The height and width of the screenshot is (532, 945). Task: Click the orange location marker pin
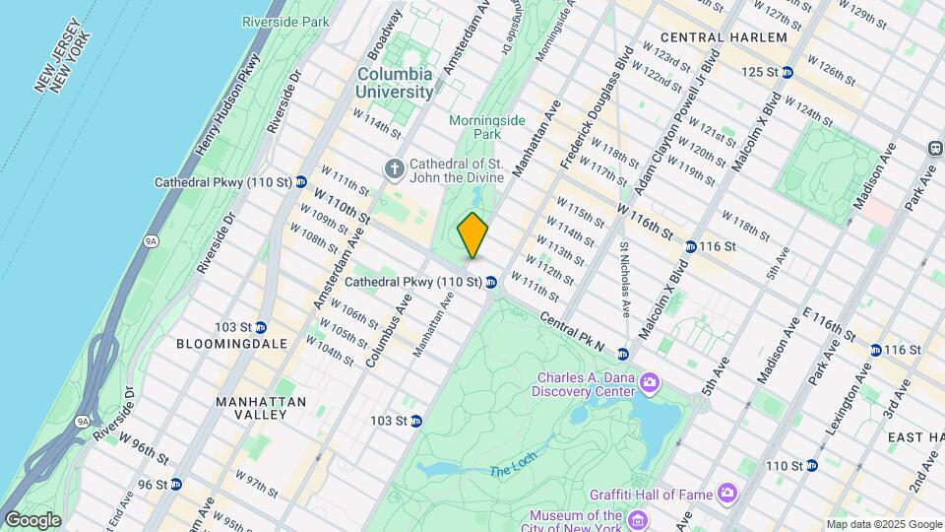[472, 234]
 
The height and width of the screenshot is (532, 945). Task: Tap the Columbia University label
[395, 83]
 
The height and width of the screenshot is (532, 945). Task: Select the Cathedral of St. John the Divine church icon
[395, 169]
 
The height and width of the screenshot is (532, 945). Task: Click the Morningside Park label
[483, 126]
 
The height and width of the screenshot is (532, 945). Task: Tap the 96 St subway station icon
[175, 484]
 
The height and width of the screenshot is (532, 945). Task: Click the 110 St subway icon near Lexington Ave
[811, 465]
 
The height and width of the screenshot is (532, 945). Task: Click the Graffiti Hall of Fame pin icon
[726, 491]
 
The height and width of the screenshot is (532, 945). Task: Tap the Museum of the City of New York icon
[636, 518]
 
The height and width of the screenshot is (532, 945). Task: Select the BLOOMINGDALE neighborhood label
[231, 344]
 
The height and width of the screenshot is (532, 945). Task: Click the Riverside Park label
[284, 21]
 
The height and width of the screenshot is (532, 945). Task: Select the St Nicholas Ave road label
[623, 280]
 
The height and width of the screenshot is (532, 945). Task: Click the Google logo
[32, 519]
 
